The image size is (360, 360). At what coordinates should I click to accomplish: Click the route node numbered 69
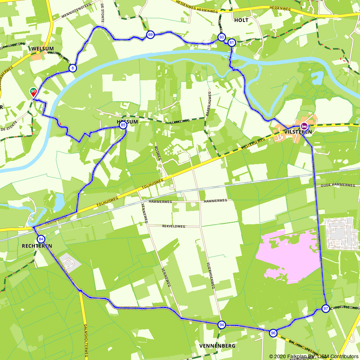[x=150, y=35]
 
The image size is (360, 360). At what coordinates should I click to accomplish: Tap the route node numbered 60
[x=221, y=37]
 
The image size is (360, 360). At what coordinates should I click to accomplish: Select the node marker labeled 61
[x=231, y=42]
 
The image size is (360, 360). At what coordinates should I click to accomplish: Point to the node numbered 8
[x=73, y=68]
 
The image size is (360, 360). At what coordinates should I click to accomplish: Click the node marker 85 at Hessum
[x=123, y=125]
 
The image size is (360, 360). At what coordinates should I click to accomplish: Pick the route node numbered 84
[x=41, y=239]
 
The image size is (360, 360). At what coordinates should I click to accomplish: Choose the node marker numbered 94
[x=221, y=325]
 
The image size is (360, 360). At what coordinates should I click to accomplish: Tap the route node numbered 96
[x=273, y=333]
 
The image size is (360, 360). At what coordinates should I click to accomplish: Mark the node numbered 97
[x=325, y=309]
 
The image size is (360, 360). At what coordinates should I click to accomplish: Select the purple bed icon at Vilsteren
[x=304, y=126]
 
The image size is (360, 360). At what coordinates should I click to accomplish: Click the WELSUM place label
[x=42, y=49]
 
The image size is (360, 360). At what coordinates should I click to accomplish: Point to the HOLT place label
[x=241, y=20]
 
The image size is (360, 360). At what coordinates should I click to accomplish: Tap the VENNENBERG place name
[x=217, y=346]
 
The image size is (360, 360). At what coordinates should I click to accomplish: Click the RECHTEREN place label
[x=37, y=246]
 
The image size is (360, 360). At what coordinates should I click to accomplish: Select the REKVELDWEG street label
[x=174, y=226]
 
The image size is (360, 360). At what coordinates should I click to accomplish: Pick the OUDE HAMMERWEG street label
[x=338, y=185]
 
